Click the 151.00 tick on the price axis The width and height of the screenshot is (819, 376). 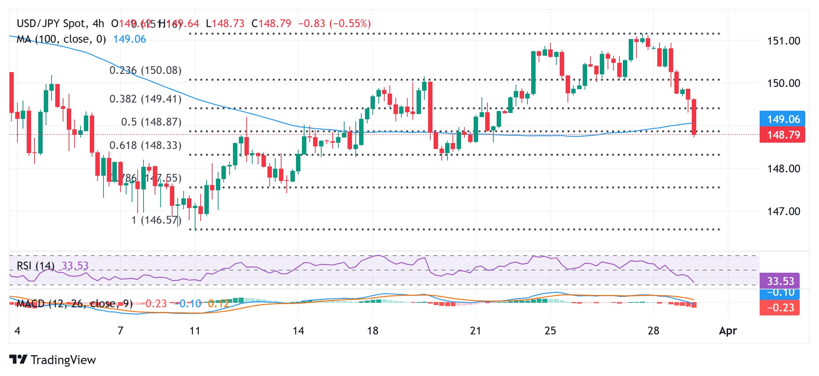coord(783,41)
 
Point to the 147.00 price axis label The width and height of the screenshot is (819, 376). coord(783,211)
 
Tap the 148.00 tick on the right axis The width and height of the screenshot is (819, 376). coord(783,169)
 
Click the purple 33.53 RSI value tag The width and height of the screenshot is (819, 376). coord(779,281)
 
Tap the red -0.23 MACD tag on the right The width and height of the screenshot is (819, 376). coord(779,308)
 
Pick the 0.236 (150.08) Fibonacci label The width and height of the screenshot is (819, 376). coord(145,70)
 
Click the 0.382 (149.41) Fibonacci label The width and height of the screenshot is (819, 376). coord(145,99)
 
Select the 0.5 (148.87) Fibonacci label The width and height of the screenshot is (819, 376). coord(151,122)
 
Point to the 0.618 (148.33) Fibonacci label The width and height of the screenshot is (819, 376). coord(145,145)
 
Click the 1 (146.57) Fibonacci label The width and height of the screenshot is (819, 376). coord(156,220)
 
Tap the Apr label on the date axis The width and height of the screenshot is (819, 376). coord(728,331)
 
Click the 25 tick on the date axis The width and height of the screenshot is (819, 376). coord(550,331)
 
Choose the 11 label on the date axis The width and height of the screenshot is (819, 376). coord(195,331)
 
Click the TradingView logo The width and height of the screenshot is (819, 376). coord(52,360)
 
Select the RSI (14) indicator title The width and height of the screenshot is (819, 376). coord(36,266)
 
